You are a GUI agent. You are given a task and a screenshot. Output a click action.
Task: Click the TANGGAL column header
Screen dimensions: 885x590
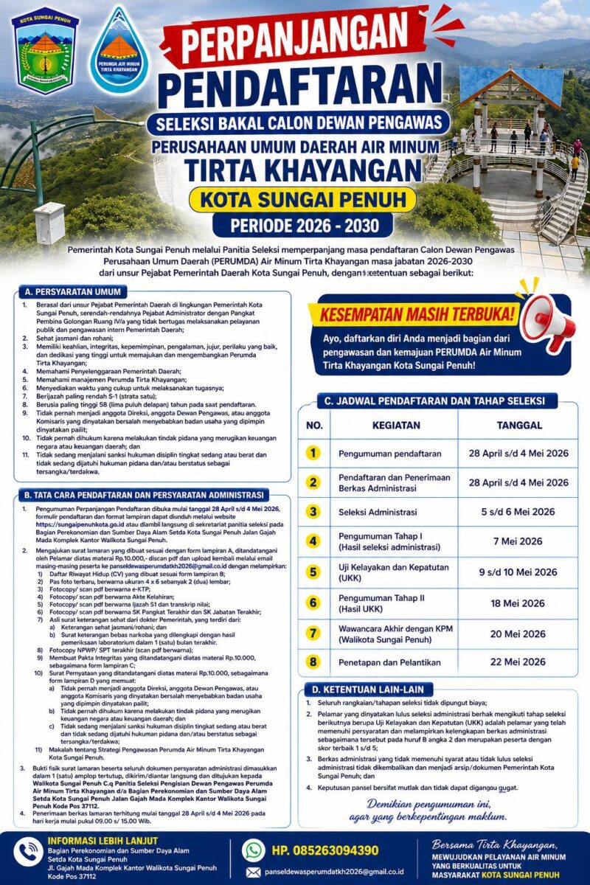click(x=518, y=426)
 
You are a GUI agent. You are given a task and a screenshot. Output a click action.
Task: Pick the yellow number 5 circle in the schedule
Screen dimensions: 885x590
click(x=313, y=572)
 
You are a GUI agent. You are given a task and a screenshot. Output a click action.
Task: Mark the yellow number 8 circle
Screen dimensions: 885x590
click(x=313, y=662)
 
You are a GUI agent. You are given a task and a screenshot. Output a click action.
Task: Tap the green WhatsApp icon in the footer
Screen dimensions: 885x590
click(x=254, y=850)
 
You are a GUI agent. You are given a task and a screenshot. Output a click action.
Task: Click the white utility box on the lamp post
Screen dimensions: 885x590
click(x=49, y=223)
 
